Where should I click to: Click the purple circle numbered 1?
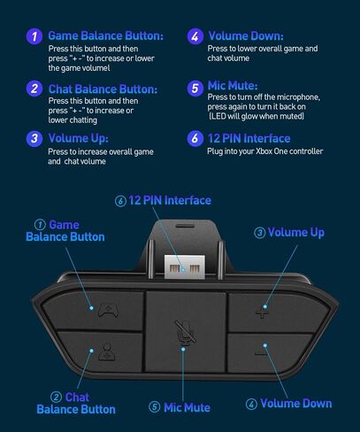pyautogui.click(x=34, y=36)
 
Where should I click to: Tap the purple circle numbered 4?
pyautogui.click(x=195, y=36)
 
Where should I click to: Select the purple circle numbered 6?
pyautogui.click(x=195, y=138)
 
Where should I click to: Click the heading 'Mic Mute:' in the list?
pyautogui.click(x=233, y=86)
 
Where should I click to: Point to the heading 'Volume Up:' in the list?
pyautogui.click(x=79, y=138)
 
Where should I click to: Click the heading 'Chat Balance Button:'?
pyautogui.click(x=103, y=89)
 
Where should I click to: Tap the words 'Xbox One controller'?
pyautogui.click(x=289, y=151)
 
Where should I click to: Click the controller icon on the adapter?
pyautogui.click(x=109, y=311)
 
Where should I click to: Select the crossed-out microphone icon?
pyautogui.click(x=186, y=332)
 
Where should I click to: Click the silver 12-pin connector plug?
pyautogui.click(x=185, y=266)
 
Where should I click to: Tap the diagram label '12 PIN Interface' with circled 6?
pyautogui.click(x=163, y=201)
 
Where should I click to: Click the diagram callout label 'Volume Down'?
pyautogui.click(x=289, y=404)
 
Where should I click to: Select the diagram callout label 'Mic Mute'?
pyautogui.click(x=180, y=407)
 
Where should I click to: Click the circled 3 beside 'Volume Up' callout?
pyautogui.click(x=260, y=233)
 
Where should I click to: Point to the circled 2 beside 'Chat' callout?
pyautogui.click(x=56, y=397)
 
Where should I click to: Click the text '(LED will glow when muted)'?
pyautogui.click(x=257, y=116)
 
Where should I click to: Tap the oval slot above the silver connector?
pyautogui.click(x=185, y=226)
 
